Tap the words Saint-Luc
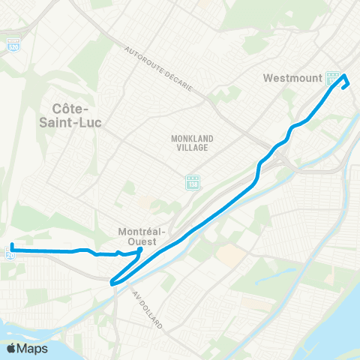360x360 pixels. pos(74,121)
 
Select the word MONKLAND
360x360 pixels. pos(188,139)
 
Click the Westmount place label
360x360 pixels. pos(292,77)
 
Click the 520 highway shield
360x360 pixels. pos(14,46)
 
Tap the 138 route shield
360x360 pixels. pos(192,182)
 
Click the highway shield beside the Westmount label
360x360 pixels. pos(331,78)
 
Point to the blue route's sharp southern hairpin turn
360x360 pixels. pos(112,283)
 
